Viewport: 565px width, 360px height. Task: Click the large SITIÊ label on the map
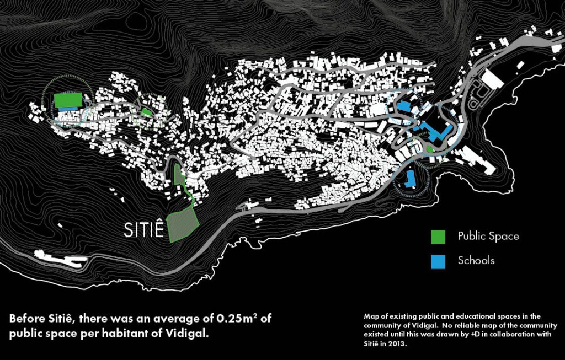[x=143, y=230]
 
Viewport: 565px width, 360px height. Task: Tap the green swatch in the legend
[x=438, y=237]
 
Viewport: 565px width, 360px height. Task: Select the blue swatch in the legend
[x=438, y=261]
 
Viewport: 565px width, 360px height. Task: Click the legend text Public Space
[x=488, y=237]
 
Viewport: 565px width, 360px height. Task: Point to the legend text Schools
[x=476, y=261]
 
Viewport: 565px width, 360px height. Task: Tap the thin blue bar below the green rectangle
[x=68, y=109]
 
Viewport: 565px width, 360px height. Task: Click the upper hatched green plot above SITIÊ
[x=179, y=174]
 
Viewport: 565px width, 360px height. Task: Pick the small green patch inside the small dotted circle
[x=146, y=112]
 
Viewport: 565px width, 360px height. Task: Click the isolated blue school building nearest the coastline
[x=409, y=179]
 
